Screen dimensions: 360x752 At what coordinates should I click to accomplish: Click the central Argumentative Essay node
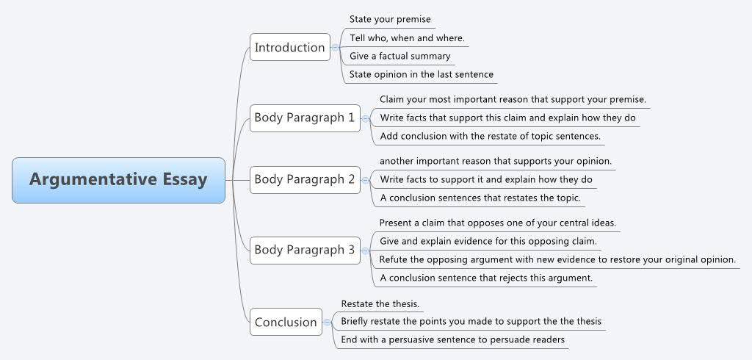pyautogui.click(x=118, y=180)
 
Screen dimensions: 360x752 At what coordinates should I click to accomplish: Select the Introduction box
pyautogui.click(x=289, y=48)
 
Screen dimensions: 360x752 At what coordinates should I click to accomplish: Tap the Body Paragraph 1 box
pyautogui.click(x=304, y=118)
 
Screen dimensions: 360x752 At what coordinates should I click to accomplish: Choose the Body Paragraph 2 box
pyautogui.click(x=304, y=179)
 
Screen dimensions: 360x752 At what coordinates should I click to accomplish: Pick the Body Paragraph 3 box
pyautogui.click(x=304, y=250)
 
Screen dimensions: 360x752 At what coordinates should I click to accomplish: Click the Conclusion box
pyautogui.click(x=285, y=322)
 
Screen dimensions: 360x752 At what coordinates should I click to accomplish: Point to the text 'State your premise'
pyautogui.click(x=390, y=19)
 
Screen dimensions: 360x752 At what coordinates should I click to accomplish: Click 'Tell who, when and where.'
pyautogui.click(x=407, y=37)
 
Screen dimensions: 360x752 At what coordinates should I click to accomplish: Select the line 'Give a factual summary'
pyautogui.click(x=399, y=56)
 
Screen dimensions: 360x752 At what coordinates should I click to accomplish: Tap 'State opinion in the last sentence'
pyautogui.click(x=421, y=74)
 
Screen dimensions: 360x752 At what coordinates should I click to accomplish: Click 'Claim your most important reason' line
pyautogui.click(x=513, y=99)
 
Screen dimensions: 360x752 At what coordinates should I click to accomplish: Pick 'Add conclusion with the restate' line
pyautogui.click(x=490, y=136)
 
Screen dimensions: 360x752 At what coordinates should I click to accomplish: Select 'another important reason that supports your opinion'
pyautogui.click(x=496, y=161)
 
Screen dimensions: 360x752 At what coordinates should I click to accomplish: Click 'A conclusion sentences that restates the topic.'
pyautogui.click(x=480, y=198)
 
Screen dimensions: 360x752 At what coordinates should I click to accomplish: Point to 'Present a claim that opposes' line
pyautogui.click(x=497, y=223)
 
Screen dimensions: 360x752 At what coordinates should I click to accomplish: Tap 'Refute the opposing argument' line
pyautogui.click(x=557, y=259)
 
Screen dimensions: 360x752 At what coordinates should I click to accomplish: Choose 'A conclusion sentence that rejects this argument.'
pyautogui.click(x=485, y=278)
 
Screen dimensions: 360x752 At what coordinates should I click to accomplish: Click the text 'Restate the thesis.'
pyautogui.click(x=380, y=303)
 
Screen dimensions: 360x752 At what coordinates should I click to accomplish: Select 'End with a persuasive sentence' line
pyautogui.click(x=452, y=340)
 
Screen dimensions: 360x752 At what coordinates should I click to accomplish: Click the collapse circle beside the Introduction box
pyautogui.click(x=336, y=48)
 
